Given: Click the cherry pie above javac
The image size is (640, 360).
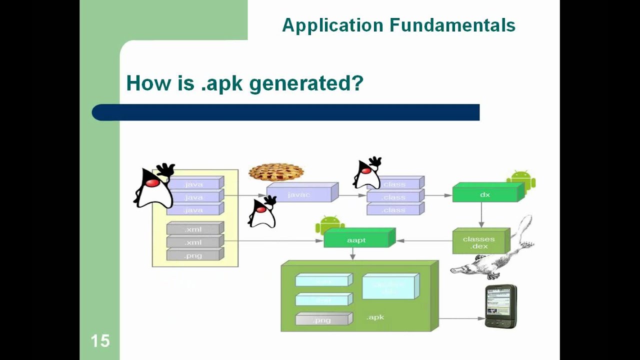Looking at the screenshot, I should pyautogui.click(x=276, y=172).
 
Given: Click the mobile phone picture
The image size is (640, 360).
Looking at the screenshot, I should pyautogui.click(x=500, y=306).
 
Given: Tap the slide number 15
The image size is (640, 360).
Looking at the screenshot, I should pyautogui.click(x=100, y=341).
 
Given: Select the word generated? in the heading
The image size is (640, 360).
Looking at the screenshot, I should pyautogui.click(x=305, y=83).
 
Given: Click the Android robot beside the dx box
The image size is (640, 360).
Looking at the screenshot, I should pyautogui.click(x=521, y=181).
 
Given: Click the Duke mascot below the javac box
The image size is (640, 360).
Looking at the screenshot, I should pyautogui.click(x=262, y=212).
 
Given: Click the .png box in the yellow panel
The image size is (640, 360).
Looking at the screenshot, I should pyautogui.click(x=194, y=255).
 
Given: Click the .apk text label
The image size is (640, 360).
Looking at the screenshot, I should pyautogui.click(x=375, y=317).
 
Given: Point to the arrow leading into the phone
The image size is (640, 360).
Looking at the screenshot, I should pyautogui.click(x=461, y=318).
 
